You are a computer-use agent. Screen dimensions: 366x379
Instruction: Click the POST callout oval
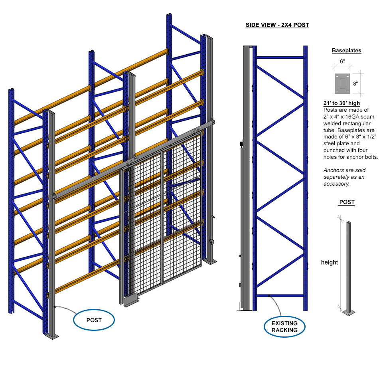[94, 320]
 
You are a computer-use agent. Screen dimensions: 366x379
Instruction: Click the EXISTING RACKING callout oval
[284, 326]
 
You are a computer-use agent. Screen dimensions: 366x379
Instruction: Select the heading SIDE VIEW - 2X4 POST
[277, 25]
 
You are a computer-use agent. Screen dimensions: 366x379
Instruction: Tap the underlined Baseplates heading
[346, 51]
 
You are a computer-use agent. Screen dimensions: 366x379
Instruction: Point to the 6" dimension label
[341, 61]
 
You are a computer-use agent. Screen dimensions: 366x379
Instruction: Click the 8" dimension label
[355, 84]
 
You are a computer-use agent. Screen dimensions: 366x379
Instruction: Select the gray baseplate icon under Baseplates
[341, 83]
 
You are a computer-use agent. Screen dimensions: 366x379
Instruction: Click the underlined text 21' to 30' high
[341, 103]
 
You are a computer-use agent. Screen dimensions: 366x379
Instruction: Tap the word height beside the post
[329, 262]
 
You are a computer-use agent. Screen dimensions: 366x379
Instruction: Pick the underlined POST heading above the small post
[347, 202]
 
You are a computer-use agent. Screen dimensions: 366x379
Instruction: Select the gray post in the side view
[246, 176]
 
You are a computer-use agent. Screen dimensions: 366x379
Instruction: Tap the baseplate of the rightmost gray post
[210, 261]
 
